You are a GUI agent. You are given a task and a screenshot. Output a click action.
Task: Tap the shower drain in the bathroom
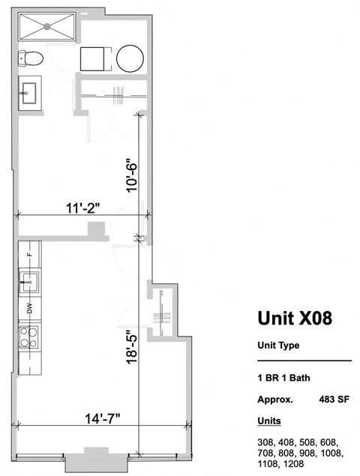[x=48, y=25]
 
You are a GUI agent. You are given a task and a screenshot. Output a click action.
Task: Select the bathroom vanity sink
[x=31, y=94]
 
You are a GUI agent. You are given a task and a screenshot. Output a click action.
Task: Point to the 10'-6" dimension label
[x=133, y=175]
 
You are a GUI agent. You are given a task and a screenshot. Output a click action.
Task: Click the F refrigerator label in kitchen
[x=30, y=255]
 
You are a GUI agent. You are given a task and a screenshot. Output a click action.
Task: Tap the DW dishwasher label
[x=30, y=307]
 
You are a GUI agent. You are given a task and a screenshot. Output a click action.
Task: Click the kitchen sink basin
[x=30, y=283]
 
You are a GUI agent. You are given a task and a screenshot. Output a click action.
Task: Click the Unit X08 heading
[x=295, y=319]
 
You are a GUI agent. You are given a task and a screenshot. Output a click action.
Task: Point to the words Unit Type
[x=278, y=346]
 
